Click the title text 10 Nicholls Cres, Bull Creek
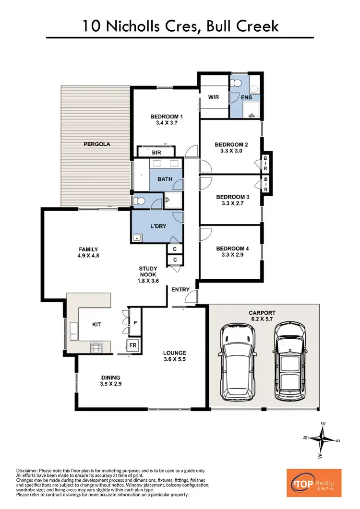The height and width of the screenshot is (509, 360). tap(180, 25)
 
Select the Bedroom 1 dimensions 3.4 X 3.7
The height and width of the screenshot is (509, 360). tap(167, 123)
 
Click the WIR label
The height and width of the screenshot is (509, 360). tap(214, 97)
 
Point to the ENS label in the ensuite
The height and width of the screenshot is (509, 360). tap(247, 97)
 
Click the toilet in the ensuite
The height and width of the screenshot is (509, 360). tap(236, 84)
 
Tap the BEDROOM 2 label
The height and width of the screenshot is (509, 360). tap(231, 144)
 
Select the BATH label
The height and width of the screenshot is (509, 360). tap(165, 179)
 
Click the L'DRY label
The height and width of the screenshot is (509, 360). tap(159, 226)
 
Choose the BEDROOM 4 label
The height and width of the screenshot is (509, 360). tap(232, 249)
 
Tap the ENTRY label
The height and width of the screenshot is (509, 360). tap(180, 289)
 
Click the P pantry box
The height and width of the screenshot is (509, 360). tap(135, 323)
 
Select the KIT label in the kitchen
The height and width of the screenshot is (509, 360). tap(96, 325)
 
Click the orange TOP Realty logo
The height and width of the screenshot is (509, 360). tap(313, 483)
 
